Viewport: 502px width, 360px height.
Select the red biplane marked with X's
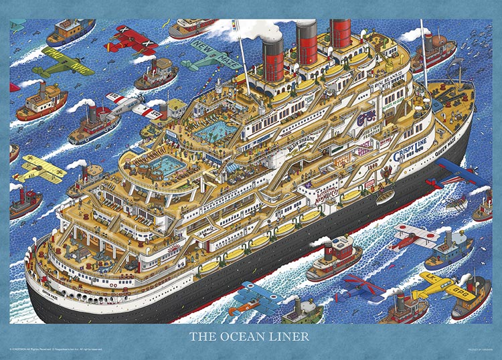(131, 39)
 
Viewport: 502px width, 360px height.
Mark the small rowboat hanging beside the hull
(385, 197)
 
